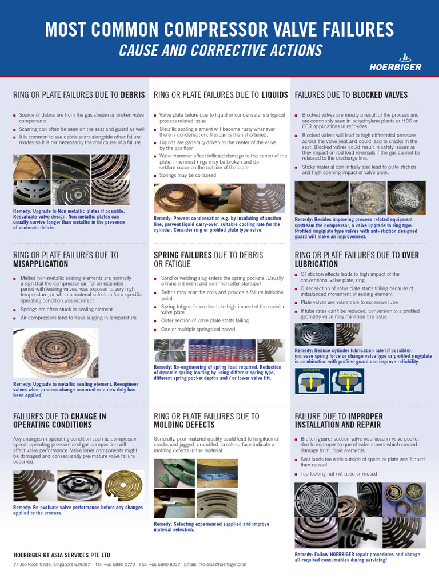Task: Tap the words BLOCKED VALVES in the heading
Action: (x=380, y=94)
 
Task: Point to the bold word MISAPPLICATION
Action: (x=41, y=264)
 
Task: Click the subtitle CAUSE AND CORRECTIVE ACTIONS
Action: (x=220, y=50)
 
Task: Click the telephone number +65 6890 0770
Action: (x=119, y=564)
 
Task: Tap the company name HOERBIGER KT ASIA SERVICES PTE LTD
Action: (x=62, y=555)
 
